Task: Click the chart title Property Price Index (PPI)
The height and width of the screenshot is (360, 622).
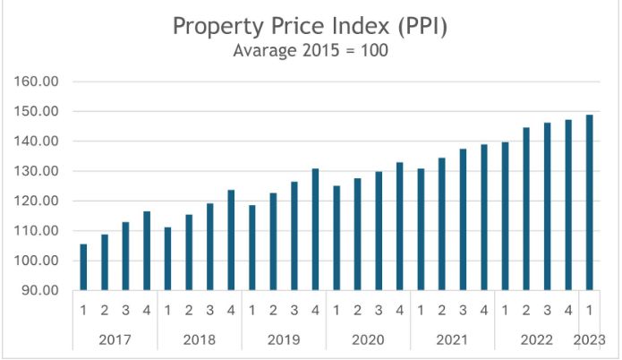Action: click(310, 26)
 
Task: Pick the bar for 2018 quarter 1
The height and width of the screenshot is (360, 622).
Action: click(167, 259)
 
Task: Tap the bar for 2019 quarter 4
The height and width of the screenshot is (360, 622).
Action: click(315, 229)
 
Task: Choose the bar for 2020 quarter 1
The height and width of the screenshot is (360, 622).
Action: click(337, 238)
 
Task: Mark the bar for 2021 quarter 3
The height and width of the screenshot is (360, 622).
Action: click(464, 219)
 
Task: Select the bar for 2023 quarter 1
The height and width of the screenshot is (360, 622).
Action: click(590, 202)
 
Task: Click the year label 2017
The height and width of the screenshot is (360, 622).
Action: click(115, 340)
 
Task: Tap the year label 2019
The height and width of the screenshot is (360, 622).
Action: click(284, 340)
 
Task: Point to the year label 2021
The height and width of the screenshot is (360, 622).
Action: click(453, 340)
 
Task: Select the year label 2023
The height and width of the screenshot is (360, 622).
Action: click(591, 340)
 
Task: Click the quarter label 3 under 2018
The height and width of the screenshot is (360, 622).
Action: click(210, 311)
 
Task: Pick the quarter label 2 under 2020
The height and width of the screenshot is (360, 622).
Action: click(358, 311)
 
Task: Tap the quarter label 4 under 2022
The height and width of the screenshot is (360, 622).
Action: click(569, 311)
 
